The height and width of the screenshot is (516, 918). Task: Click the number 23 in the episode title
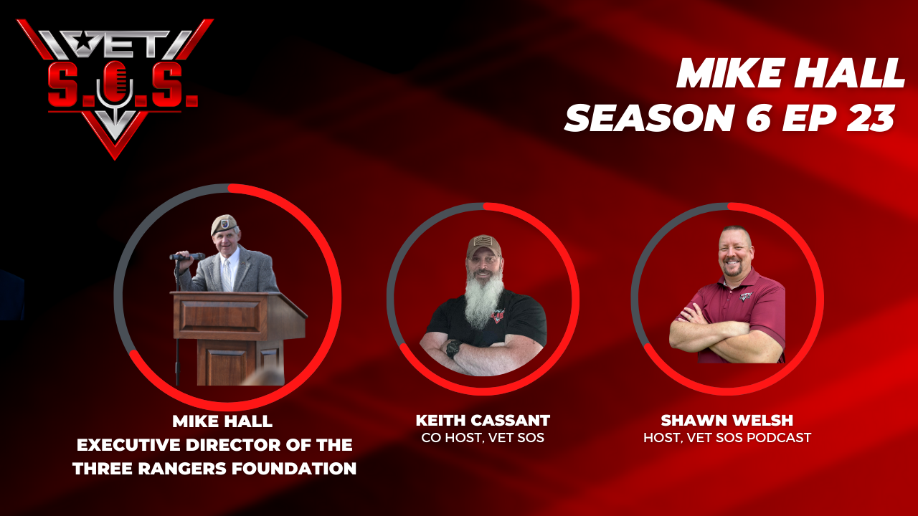871,118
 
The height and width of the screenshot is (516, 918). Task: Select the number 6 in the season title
757,118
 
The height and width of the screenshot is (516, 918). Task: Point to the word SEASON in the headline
648,118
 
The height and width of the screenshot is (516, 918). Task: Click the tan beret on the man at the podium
224,224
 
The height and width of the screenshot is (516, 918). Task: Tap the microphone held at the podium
187,257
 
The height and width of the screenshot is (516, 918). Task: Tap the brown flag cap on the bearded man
484,245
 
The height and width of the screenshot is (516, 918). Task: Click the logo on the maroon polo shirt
747,296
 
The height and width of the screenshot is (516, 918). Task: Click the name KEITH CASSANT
483,421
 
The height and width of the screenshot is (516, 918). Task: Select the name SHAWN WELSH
727,421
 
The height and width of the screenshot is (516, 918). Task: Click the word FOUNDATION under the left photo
294,469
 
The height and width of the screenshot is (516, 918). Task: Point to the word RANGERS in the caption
183,469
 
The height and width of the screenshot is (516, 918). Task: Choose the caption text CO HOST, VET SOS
483,438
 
